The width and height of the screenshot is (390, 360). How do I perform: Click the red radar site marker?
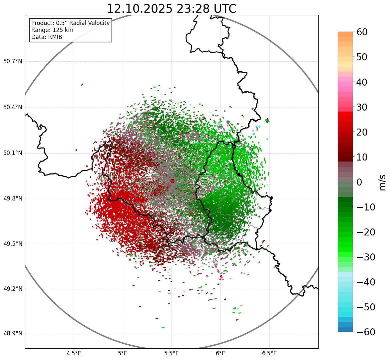point(172,181)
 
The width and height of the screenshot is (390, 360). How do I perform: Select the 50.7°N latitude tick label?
point(13,62)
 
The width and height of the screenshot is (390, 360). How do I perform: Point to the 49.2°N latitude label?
point(13,289)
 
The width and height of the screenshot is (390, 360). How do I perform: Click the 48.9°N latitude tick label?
point(13,334)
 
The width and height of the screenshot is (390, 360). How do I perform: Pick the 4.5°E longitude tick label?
point(74,353)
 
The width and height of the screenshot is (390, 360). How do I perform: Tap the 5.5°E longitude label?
point(172,353)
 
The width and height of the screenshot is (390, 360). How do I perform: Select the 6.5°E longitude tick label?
point(269,353)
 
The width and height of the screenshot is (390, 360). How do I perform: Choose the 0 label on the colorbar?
point(359,182)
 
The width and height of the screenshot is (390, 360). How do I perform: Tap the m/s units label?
point(383,182)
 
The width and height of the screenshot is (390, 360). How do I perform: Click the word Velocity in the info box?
point(98,23)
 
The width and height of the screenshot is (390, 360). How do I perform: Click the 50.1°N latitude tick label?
point(13,153)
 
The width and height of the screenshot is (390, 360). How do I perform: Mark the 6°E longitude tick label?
point(220,353)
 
